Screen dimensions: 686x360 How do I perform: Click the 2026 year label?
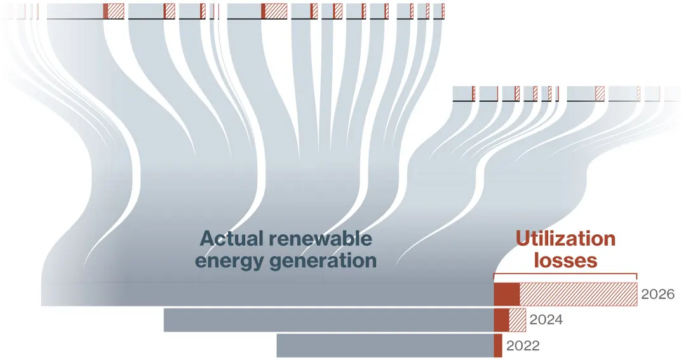[x=657, y=294]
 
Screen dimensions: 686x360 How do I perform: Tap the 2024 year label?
[x=546, y=320]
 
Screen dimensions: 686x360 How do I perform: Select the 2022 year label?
[x=523, y=345]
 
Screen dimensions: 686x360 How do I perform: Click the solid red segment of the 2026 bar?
[x=507, y=294]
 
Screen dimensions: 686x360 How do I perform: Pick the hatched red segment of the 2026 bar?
[x=579, y=294]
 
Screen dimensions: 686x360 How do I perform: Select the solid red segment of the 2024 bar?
[x=501, y=320]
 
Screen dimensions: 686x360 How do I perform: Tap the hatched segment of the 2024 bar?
[x=518, y=320]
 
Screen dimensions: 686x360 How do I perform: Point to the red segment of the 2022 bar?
[x=498, y=346]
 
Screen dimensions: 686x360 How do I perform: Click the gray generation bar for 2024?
[x=329, y=320]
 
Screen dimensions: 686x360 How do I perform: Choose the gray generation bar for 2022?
[x=386, y=346]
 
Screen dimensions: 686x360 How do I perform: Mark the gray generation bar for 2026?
[x=268, y=294]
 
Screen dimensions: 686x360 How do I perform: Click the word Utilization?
[x=565, y=239]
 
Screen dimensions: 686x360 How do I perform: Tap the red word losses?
[x=565, y=261]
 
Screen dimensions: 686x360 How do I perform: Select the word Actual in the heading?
[x=232, y=239]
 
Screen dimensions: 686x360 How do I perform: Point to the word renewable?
[x=320, y=239]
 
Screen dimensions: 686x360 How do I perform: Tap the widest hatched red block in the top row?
[x=276, y=11]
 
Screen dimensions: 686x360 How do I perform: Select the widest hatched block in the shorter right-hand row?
[x=600, y=93]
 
